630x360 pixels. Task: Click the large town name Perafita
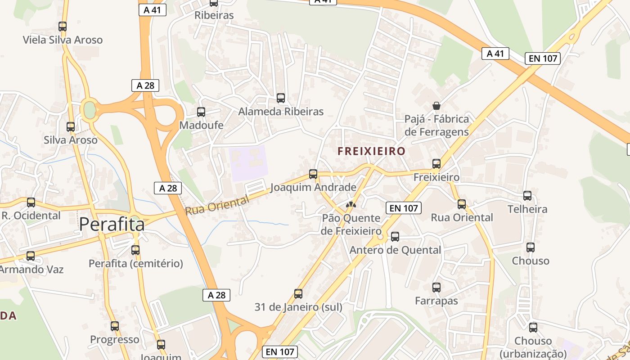click(112, 225)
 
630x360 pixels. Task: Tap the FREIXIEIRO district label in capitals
click(372, 151)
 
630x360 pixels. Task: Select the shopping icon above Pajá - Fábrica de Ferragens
click(436, 106)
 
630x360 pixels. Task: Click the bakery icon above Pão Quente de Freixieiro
click(351, 205)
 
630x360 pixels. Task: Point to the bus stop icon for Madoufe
click(201, 112)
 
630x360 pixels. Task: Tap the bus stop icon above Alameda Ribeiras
click(281, 98)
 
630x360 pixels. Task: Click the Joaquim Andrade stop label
click(313, 187)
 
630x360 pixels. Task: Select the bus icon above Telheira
click(527, 196)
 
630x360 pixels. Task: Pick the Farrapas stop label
click(436, 301)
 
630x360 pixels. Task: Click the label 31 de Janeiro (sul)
click(298, 307)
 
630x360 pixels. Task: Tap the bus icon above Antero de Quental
click(395, 236)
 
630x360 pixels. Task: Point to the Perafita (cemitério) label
click(136, 264)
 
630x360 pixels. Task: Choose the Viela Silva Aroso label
click(63, 40)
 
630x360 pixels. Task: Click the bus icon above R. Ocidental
click(31, 202)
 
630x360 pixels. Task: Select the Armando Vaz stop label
click(31, 270)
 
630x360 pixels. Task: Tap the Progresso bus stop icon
click(115, 326)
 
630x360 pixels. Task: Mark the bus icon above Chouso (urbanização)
click(533, 328)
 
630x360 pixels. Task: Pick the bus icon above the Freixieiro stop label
click(436, 164)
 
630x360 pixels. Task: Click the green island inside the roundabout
click(90, 110)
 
